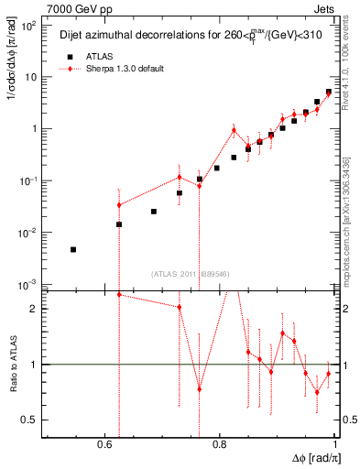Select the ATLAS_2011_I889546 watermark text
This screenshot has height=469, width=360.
tap(190, 273)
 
